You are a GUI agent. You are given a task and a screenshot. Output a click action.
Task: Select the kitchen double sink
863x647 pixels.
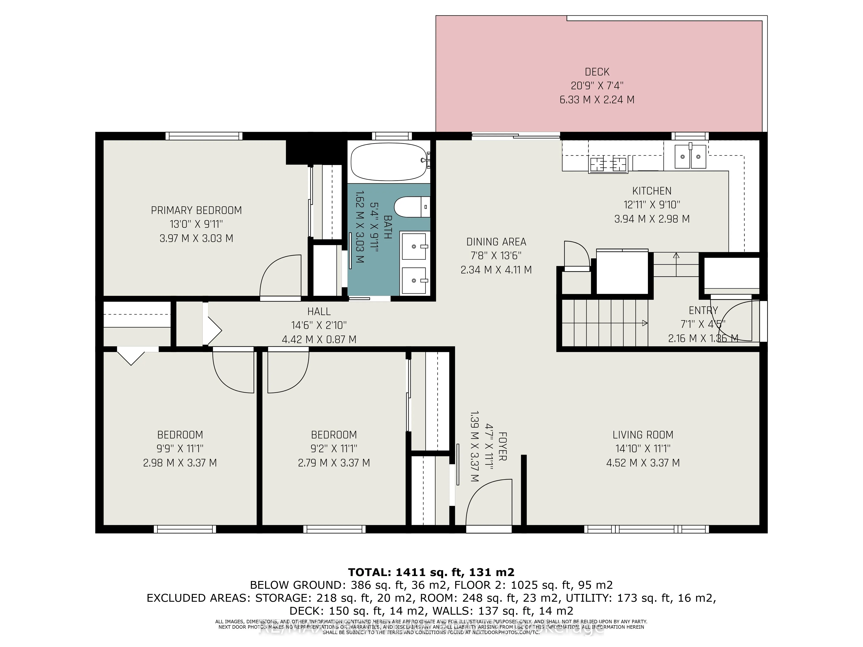[x=690, y=156]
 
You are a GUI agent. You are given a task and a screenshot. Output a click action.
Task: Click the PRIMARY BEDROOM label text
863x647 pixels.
[x=196, y=210]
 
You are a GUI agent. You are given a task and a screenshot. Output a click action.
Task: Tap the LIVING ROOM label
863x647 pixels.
[x=643, y=435]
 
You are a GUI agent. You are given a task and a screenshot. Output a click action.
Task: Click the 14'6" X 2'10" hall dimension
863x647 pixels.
[x=319, y=325]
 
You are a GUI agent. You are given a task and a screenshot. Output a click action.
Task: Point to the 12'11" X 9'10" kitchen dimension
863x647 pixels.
[x=652, y=205]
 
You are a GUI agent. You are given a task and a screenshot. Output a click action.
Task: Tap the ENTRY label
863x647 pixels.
[x=703, y=310]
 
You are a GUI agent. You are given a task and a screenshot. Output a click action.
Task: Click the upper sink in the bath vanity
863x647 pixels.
[x=414, y=246]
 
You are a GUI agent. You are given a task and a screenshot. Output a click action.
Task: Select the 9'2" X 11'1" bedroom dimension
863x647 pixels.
[x=334, y=449]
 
